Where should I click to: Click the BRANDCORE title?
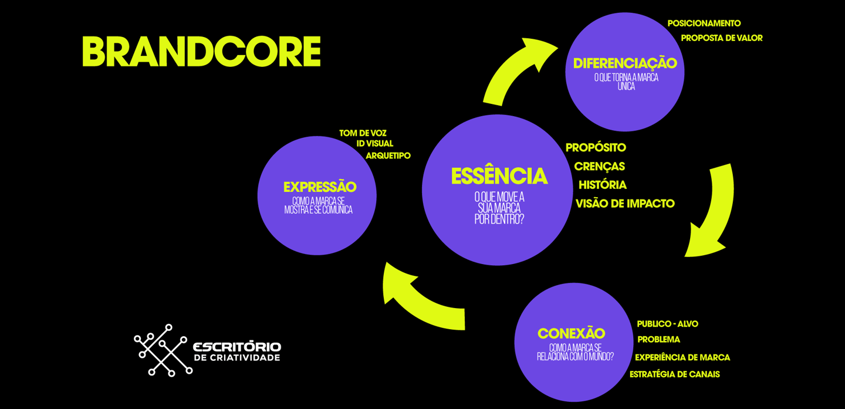(x=201, y=52)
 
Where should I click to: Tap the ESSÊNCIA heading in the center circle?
(x=499, y=176)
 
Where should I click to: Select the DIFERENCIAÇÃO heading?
(x=625, y=63)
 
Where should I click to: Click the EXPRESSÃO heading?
(x=320, y=187)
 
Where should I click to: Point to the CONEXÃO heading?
(x=571, y=333)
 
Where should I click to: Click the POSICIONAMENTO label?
(x=704, y=23)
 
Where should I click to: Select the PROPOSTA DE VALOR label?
(x=721, y=38)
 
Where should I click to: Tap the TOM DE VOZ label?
(x=363, y=133)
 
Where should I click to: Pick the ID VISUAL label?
(x=374, y=144)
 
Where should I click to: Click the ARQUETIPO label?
(x=388, y=156)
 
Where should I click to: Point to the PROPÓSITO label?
(x=596, y=148)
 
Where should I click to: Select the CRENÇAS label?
(x=599, y=167)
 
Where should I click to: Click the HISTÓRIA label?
(x=602, y=185)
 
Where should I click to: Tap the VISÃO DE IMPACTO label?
(x=625, y=204)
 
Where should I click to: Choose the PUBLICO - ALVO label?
(x=667, y=324)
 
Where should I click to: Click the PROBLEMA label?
(x=658, y=340)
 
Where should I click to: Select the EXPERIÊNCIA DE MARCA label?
(x=682, y=357)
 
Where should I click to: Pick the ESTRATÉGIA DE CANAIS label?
(x=674, y=374)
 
